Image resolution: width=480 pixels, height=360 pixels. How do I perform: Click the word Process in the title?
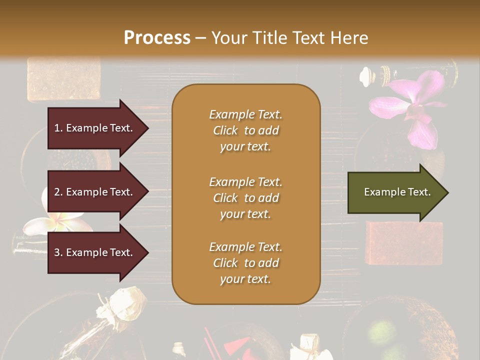point(157,37)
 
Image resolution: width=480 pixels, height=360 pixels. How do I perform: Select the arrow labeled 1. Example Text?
point(95,128)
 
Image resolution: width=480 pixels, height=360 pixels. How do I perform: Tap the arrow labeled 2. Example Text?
point(95,192)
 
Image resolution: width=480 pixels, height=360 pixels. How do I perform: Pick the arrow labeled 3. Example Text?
point(95,252)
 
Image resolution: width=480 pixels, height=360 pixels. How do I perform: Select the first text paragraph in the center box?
point(245,130)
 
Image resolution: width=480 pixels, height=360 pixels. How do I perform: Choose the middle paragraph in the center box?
point(245,197)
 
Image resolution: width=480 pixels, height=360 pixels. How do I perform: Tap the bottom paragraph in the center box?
point(245,263)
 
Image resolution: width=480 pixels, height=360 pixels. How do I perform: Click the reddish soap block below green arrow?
point(403,242)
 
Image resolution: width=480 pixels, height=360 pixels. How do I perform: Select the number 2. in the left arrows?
point(58,192)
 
